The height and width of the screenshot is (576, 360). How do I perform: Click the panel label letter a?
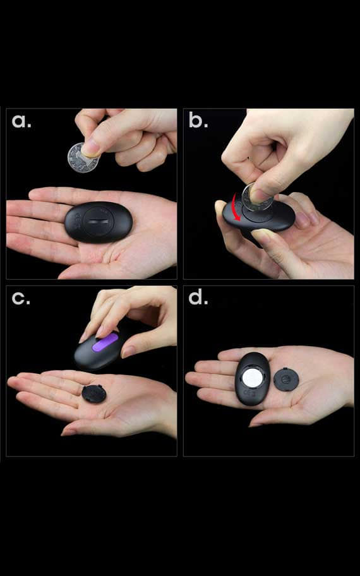tap(21, 121)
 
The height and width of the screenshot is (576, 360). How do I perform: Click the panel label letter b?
tap(198, 120)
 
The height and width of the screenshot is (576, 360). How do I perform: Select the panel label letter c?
tap(21, 299)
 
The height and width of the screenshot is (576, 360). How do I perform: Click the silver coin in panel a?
tap(83, 158)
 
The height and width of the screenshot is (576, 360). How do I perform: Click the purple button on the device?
tap(105, 342)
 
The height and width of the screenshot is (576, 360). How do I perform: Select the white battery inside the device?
tap(253, 378)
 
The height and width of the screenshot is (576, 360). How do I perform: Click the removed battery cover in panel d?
tap(286, 379)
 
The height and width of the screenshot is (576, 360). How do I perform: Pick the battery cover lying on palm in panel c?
tap(93, 393)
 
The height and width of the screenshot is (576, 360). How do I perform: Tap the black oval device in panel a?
tap(99, 222)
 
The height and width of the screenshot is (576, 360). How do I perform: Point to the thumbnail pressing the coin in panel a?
tap(90, 148)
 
